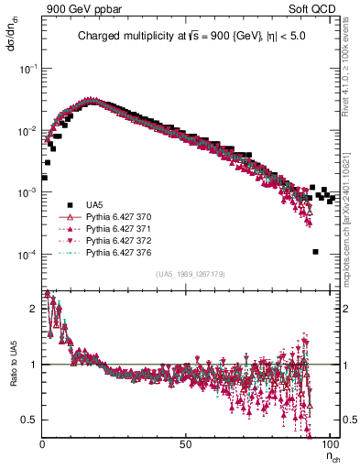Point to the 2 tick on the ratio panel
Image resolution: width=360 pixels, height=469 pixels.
pos(35,309)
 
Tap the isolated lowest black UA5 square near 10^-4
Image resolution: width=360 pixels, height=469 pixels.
pos(315,252)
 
